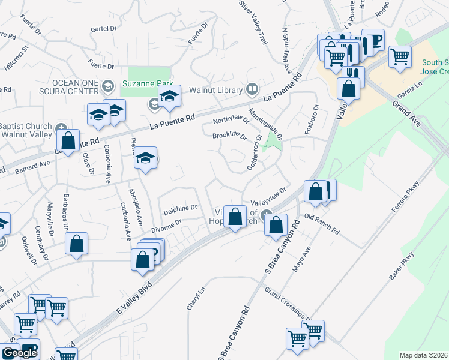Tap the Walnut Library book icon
[252, 91]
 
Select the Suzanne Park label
[148, 83]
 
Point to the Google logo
[20, 353]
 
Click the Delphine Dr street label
[180, 208]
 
